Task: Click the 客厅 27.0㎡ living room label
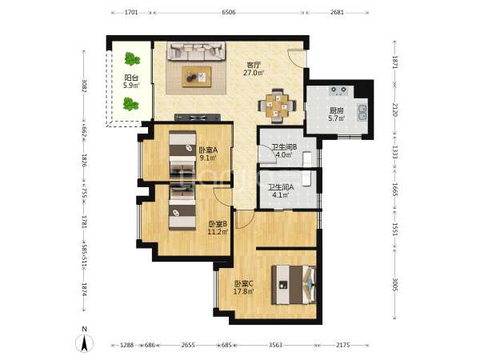[x=254, y=69]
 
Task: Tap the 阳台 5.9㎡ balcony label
[x=132, y=82]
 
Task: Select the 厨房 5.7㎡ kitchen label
[x=337, y=114]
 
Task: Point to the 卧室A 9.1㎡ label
[x=208, y=154]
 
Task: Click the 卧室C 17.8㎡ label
[x=244, y=287]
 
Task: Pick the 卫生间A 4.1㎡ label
[x=281, y=190]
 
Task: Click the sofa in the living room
[x=196, y=51]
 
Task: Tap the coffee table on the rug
[x=197, y=77]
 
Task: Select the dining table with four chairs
[x=277, y=106]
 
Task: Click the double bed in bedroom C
[x=294, y=285]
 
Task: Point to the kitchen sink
[x=362, y=112]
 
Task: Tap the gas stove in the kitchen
[x=338, y=90]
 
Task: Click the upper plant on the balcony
[x=132, y=58]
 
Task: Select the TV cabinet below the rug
[x=198, y=118]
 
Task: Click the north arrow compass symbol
[x=85, y=341]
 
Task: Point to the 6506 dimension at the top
[x=229, y=13]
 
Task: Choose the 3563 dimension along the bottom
[x=275, y=345]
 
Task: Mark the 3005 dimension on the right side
[x=394, y=285]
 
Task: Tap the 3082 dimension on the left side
[x=85, y=86]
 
